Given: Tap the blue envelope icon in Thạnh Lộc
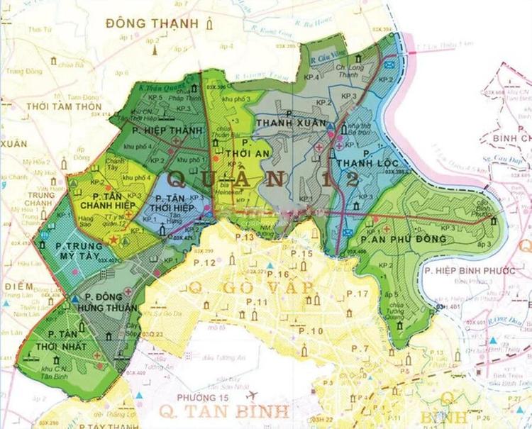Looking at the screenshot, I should [388, 65].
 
